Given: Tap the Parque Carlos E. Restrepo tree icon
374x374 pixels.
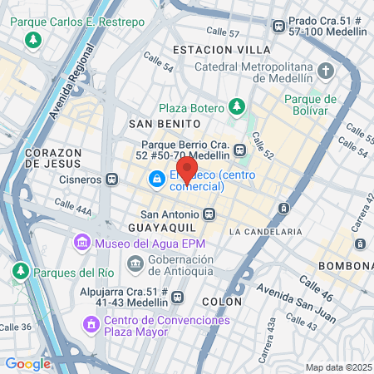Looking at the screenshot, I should (x=32, y=39).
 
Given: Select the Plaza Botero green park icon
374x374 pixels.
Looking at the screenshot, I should (x=238, y=107).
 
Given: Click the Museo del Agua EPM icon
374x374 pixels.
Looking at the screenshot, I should (x=81, y=244).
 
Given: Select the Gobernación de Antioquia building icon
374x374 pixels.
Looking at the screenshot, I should (x=135, y=264).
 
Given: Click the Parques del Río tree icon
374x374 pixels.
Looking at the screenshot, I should (x=22, y=271).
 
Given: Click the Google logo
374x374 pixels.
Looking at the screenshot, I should (x=27, y=363).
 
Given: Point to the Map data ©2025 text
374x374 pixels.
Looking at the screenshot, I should (x=337, y=367).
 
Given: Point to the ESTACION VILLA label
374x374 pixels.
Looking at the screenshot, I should (x=210, y=50).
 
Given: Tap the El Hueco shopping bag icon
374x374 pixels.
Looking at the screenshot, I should (x=156, y=179).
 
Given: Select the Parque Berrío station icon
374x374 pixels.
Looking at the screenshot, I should (x=239, y=150).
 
